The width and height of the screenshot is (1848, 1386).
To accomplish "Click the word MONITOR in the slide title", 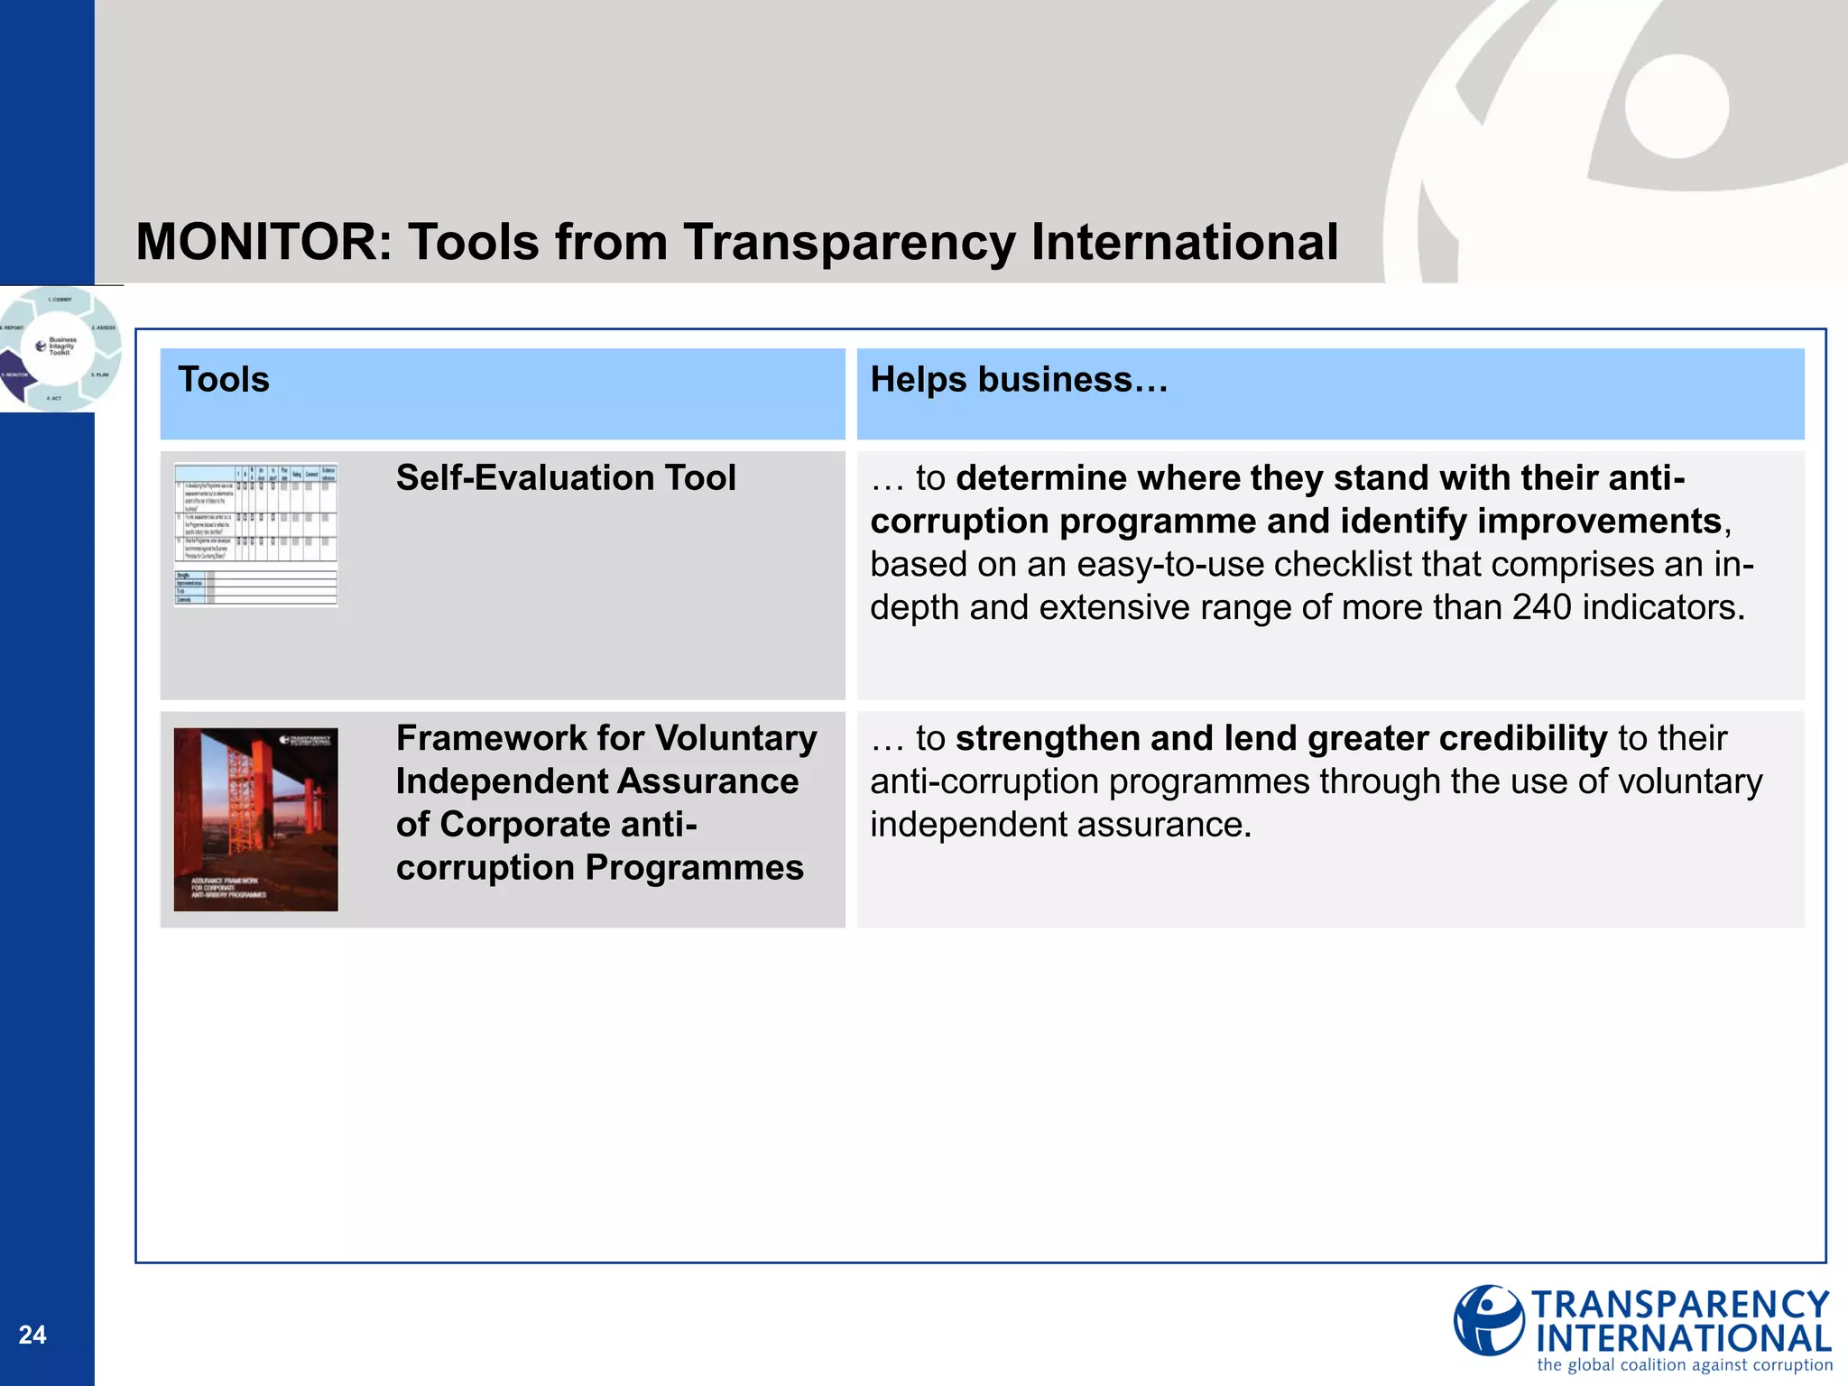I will [263, 243].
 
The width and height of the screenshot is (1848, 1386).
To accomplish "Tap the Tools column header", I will [224, 380].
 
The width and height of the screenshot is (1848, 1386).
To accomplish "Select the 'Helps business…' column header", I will [1019, 380].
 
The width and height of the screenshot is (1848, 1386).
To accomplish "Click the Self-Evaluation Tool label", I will [566, 478].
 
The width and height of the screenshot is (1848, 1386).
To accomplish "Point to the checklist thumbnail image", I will [255, 535].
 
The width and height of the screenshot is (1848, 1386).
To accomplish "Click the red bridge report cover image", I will [255, 819].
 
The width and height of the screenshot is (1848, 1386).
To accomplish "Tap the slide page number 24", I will [32, 1335].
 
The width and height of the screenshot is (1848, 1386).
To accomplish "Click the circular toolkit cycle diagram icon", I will [60, 348].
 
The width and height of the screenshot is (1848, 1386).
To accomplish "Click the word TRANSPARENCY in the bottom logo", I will [1680, 1306].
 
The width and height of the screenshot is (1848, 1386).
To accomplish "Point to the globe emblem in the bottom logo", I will [1489, 1321].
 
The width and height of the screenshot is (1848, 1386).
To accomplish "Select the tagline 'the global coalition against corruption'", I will [1685, 1365].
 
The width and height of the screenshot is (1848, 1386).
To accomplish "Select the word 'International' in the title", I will [1184, 243].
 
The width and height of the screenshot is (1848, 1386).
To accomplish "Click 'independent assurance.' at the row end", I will [1060, 825].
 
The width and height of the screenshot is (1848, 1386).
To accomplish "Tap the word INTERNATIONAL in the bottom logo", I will [1684, 1338].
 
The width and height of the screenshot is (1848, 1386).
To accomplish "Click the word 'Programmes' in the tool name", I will [694, 868].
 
